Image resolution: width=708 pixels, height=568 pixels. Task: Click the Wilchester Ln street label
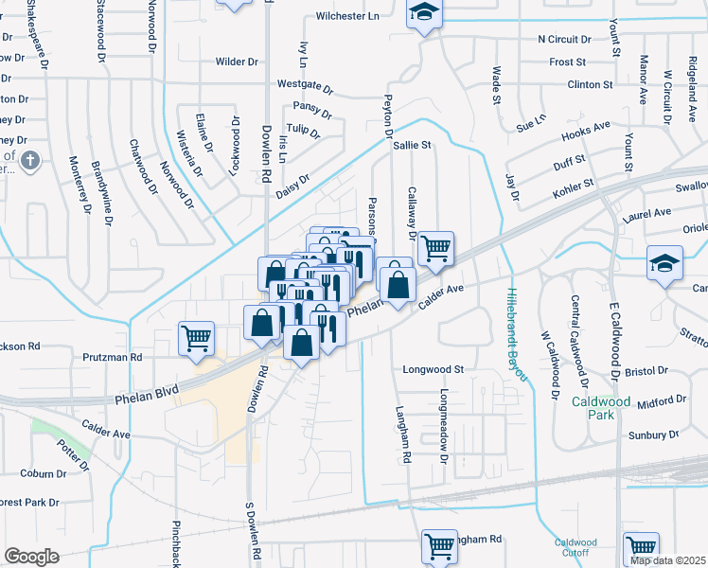[x=346, y=16]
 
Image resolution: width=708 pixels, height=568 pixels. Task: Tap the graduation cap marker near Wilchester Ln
[x=424, y=14]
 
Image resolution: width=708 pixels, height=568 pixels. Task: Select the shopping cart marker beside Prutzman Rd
[x=196, y=338]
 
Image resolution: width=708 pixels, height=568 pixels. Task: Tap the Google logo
[x=31, y=556]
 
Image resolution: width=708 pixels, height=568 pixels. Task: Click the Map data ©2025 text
[x=667, y=560]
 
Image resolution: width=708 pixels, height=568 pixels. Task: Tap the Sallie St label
[x=412, y=146]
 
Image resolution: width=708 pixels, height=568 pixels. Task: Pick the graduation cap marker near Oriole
[x=664, y=264]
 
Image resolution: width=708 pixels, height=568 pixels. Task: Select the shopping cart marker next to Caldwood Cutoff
[x=642, y=547]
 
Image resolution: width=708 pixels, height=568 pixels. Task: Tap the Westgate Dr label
[x=305, y=87]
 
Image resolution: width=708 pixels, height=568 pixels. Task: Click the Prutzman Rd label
[x=111, y=358]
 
